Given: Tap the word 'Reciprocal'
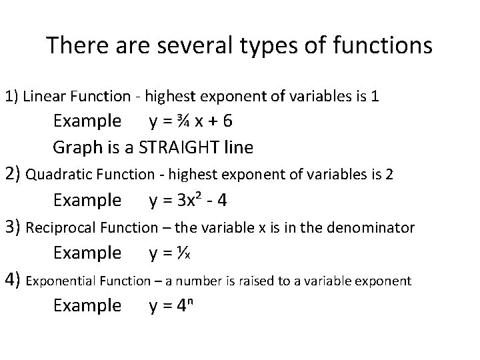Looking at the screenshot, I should coord(59,228).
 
